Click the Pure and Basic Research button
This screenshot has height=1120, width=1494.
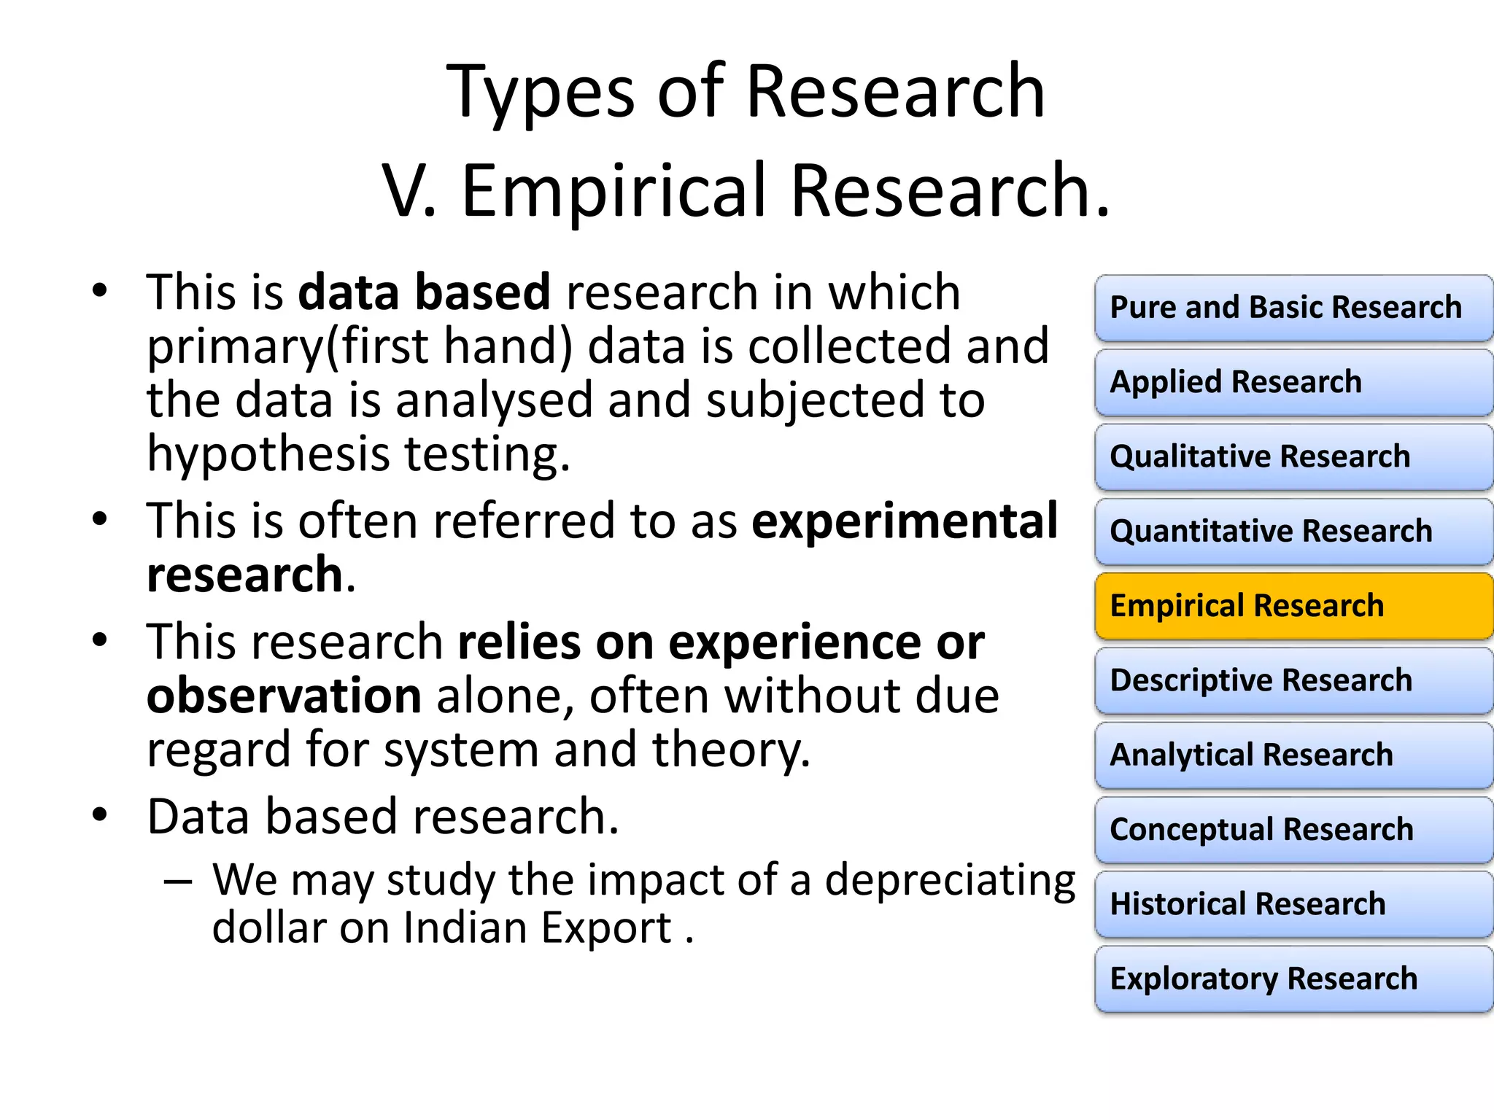click(1293, 308)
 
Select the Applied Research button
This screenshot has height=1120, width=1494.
click(1293, 382)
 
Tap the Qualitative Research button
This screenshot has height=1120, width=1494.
click(1293, 457)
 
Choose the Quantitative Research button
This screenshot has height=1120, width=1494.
click(1293, 532)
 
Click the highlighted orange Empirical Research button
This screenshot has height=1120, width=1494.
click(1293, 606)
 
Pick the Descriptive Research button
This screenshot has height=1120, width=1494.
click(1293, 680)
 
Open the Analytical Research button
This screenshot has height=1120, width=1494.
click(1293, 755)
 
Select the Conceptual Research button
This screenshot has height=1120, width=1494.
click(1293, 830)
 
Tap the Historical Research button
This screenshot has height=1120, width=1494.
click(1293, 904)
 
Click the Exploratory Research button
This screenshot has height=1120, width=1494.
click(1293, 979)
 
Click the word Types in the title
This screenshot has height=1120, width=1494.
click(541, 93)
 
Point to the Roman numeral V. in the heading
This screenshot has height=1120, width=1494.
click(409, 191)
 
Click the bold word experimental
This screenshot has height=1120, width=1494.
click(905, 522)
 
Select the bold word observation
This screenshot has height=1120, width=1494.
click(284, 696)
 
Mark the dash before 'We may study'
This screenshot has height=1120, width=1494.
click(178, 882)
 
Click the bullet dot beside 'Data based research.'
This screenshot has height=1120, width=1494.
click(100, 814)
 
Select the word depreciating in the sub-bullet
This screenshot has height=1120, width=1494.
click(950, 881)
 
